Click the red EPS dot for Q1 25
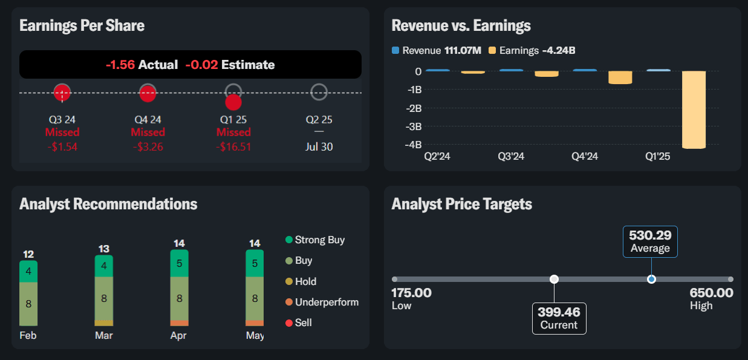(233, 102)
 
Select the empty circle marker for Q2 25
(319, 92)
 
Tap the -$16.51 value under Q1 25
(233, 147)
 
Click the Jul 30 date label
(319, 147)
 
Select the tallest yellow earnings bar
(694, 110)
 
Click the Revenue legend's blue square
(395, 50)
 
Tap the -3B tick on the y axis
(414, 126)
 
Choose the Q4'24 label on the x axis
(584, 156)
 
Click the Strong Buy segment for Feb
(28, 272)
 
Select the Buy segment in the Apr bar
(180, 298)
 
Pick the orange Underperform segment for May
(255, 323)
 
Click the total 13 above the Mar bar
(104, 249)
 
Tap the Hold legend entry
(301, 281)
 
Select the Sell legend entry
(299, 322)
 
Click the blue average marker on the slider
(651, 279)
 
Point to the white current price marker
(554, 279)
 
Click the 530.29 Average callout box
(650, 241)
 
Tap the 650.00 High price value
(712, 293)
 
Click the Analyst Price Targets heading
(462, 204)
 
